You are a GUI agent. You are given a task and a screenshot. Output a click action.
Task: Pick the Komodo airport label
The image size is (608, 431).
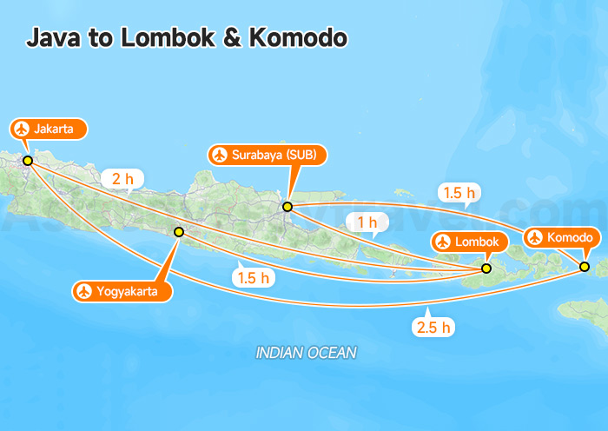tap(561, 237)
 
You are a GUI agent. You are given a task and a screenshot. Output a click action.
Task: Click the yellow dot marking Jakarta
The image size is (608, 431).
tap(28, 161)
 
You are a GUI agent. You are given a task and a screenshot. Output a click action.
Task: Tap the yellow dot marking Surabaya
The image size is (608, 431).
tap(287, 207)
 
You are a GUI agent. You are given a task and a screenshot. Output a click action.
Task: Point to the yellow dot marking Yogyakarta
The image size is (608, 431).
tap(179, 232)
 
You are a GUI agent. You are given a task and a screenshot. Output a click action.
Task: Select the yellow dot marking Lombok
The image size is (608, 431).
tap(486, 269)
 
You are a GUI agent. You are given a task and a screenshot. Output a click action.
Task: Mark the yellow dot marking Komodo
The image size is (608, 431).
tap(585, 266)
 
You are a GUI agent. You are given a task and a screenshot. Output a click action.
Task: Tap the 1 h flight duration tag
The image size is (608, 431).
tap(367, 222)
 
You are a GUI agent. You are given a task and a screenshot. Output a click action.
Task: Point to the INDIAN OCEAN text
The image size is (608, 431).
tap(306, 353)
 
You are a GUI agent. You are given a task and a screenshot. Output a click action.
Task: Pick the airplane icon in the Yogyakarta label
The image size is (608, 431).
tap(84, 291)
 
